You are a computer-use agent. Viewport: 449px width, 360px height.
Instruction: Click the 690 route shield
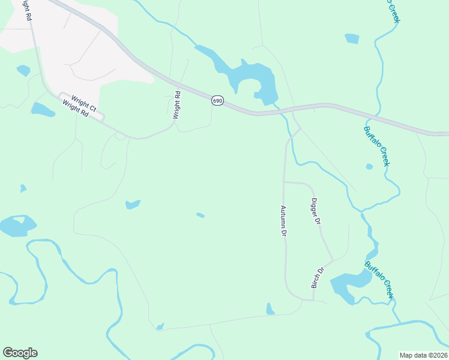(217, 101)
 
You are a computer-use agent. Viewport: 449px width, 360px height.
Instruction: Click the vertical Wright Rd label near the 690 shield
(176, 104)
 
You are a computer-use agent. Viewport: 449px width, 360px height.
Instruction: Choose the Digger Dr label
(316, 211)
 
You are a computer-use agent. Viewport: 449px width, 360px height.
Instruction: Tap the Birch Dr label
(317, 278)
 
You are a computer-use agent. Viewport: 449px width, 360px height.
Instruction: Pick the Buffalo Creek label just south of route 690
(378, 146)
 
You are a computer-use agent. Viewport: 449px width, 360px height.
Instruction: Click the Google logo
(20, 353)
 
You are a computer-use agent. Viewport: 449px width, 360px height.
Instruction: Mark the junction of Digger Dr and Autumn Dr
(284, 181)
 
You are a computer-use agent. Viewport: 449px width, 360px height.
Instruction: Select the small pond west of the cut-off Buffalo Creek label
(352, 38)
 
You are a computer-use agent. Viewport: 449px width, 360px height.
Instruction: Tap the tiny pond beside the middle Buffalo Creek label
(369, 167)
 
